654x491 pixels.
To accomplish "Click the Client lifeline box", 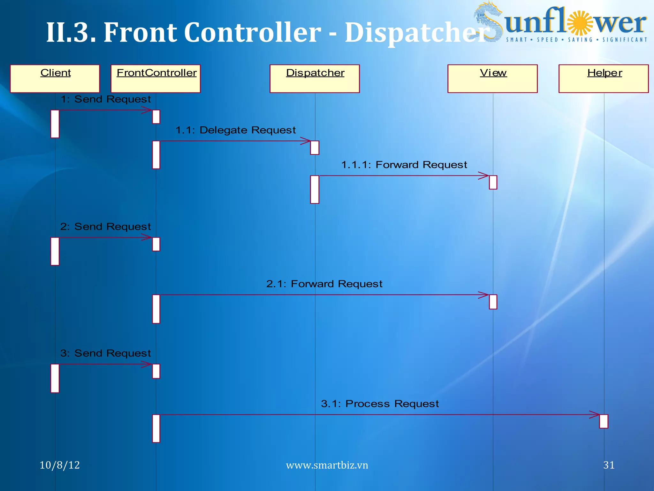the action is [x=55, y=79].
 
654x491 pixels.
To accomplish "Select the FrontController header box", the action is [x=156, y=79].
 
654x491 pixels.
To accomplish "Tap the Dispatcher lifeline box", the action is [x=315, y=79].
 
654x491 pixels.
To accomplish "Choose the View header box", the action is [x=492, y=79].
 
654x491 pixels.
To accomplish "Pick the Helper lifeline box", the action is [x=604, y=79].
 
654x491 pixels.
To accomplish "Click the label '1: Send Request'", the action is [x=106, y=99].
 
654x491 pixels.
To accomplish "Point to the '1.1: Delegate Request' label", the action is [x=236, y=130].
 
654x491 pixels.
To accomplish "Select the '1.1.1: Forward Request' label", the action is [x=404, y=165].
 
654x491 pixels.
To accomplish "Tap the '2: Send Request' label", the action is [x=106, y=227].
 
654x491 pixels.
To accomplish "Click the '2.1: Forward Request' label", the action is [x=324, y=284].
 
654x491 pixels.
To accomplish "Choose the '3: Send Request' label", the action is [x=106, y=353].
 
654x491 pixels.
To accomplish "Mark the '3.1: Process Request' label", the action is [x=380, y=404].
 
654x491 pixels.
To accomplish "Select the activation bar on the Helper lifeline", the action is [x=604, y=421].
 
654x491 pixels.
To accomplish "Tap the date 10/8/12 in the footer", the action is [x=60, y=465].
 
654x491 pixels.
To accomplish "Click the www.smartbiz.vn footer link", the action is [x=327, y=465].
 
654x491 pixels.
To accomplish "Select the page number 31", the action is [x=609, y=465].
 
